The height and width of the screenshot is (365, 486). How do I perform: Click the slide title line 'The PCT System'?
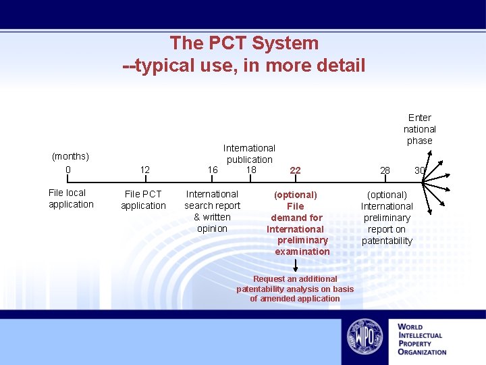coord(244,43)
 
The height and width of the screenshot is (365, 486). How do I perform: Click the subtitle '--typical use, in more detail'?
coord(244,66)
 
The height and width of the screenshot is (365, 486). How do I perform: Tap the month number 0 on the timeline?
coord(68,169)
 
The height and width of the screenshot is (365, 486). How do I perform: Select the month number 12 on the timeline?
coord(144,170)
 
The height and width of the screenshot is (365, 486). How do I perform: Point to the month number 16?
coord(213,170)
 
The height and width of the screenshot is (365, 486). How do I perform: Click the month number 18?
coord(251,169)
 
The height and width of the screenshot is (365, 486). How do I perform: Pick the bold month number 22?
coord(295,170)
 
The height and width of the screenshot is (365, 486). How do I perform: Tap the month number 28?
coord(385,170)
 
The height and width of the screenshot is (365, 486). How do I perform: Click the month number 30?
coord(419,170)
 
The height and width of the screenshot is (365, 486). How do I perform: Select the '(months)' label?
coord(70,156)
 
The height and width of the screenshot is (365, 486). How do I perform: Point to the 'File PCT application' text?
coord(143,200)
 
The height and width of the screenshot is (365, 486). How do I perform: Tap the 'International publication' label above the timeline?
coord(249,153)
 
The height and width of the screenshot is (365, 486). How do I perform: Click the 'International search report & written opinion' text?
coord(212,211)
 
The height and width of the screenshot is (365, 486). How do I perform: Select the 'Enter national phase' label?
coord(420,128)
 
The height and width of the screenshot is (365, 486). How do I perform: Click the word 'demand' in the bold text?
coord(287,218)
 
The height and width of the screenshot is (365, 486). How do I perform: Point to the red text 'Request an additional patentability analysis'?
coord(295,284)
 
